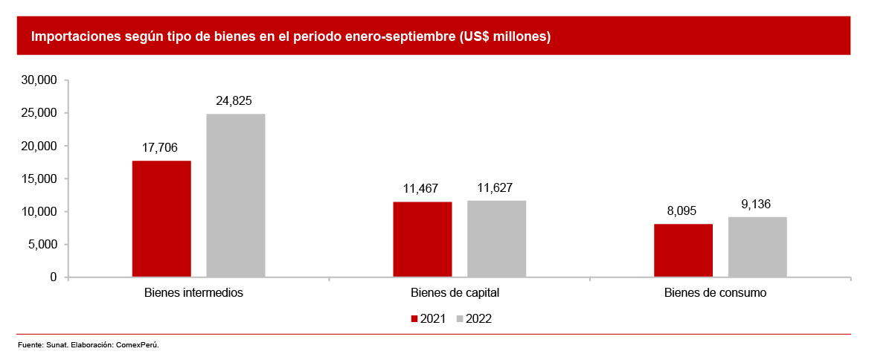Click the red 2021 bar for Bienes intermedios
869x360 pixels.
pos(161,219)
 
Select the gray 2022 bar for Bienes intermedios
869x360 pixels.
pos(236,196)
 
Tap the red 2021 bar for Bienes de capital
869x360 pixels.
pos(422,240)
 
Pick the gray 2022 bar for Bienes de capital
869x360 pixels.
pos(496,239)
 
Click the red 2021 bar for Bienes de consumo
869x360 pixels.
pos(683,251)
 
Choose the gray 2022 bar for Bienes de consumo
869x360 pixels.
pos(757,247)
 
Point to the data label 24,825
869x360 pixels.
pos(234,102)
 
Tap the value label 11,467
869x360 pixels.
pos(421,189)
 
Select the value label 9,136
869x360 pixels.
pos(756,205)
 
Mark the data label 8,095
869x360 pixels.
pos(682,211)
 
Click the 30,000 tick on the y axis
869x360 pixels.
pos(40,80)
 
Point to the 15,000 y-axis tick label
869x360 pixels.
pos(40,179)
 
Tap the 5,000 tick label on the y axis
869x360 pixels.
pos(43,245)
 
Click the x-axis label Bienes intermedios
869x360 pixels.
pos(193,292)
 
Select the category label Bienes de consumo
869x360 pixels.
pos(715,292)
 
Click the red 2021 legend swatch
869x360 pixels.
pos(415,319)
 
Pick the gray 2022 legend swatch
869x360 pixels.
pos(460,319)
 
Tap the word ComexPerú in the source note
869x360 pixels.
pos(138,345)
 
